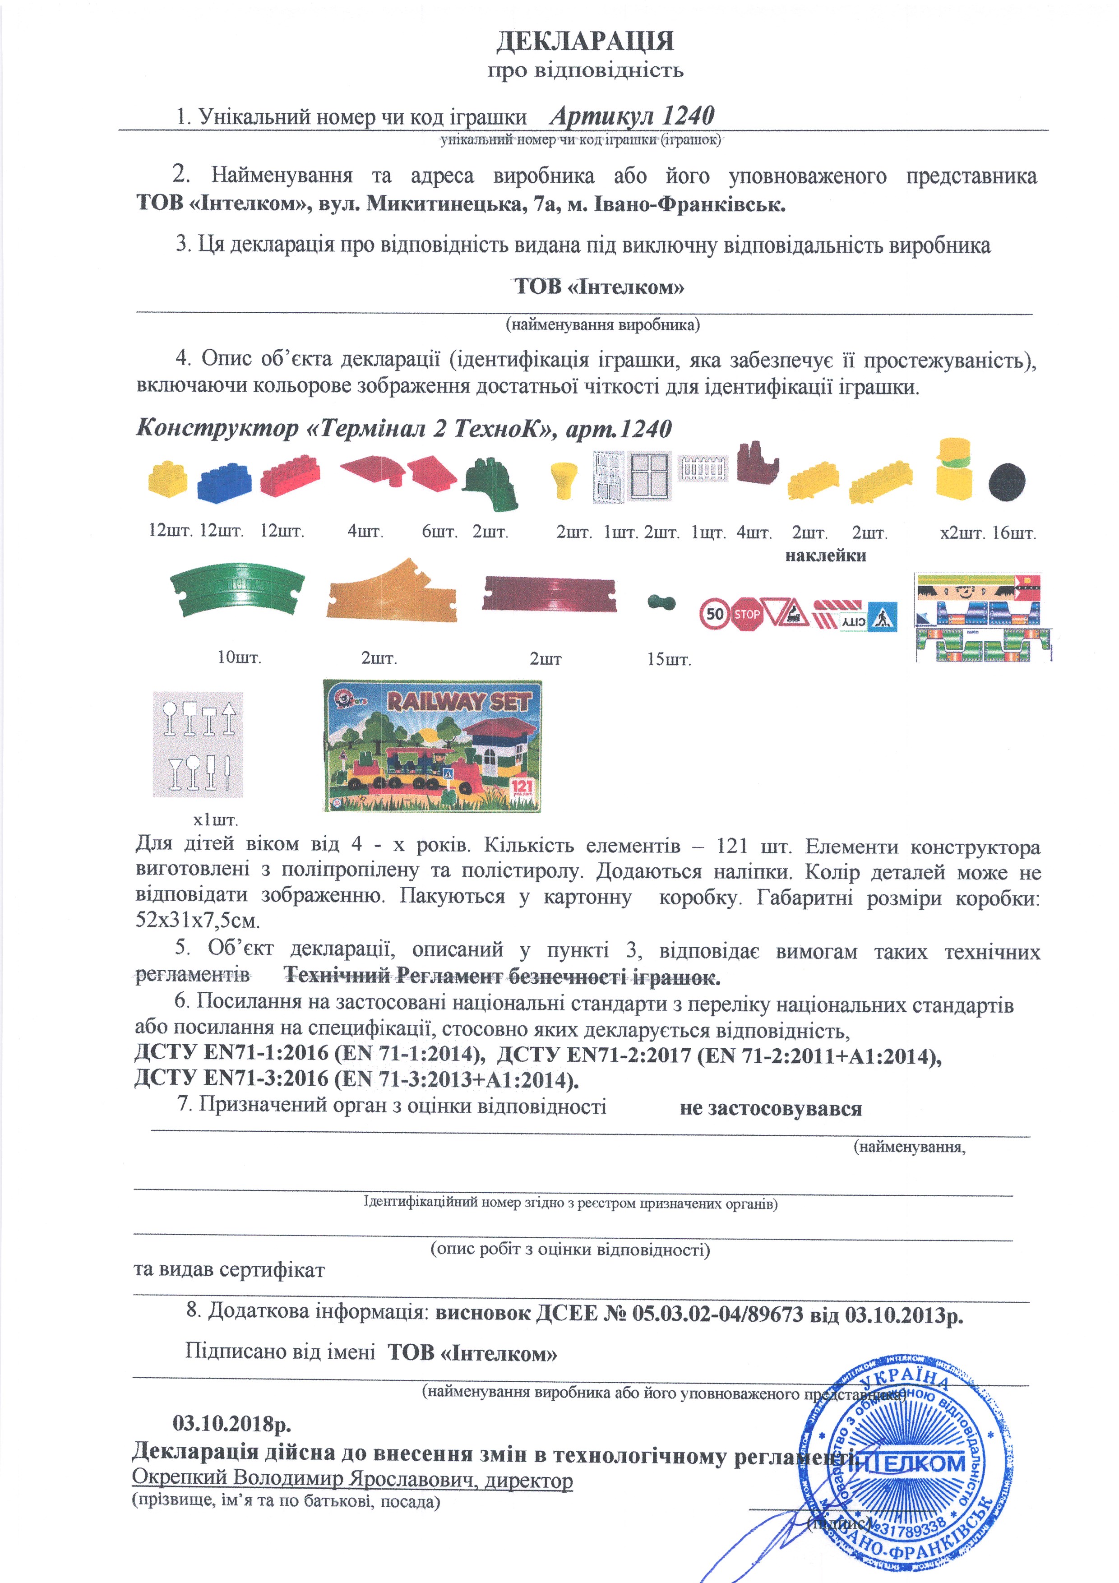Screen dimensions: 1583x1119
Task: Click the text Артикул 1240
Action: click(x=632, y=116)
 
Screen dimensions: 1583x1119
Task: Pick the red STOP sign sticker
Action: click(x=747, y=614)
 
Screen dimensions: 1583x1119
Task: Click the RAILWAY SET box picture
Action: click(x=432, y=745)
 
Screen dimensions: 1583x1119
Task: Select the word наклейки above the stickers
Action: click(x=825, y=555)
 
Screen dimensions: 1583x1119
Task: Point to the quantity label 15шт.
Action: click(x=668, y=659)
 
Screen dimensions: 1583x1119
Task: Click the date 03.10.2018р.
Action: click(x=231, y=1422)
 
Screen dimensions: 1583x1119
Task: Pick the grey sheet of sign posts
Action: click(x=198, y=745)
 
